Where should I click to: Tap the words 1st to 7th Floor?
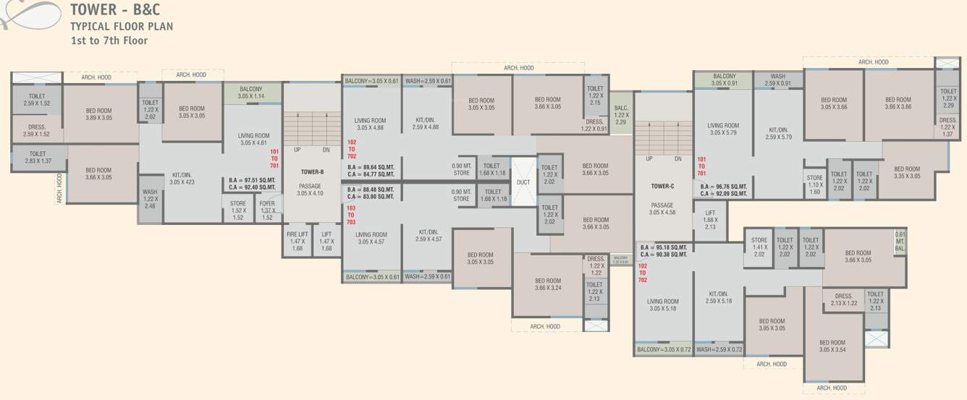point(109,41)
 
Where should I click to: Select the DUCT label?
point(523,182)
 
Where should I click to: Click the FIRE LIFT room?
point(297,241)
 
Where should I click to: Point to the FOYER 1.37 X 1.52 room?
point(267,210)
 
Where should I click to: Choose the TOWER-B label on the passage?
point(311,171)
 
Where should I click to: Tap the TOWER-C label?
point(662,186)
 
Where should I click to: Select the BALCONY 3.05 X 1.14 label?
point(251,93)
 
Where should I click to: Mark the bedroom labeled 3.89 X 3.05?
point(98,114)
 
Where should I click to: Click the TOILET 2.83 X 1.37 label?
point(38,157)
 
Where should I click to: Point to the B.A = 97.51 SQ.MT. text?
point(252,180)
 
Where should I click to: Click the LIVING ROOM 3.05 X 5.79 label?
point(723,129)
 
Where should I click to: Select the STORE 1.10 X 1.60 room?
point(814,185)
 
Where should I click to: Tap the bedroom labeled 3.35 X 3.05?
point(907,172)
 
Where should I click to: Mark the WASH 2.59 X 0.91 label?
point(777,80)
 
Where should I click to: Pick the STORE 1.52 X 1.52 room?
point(238,210)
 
